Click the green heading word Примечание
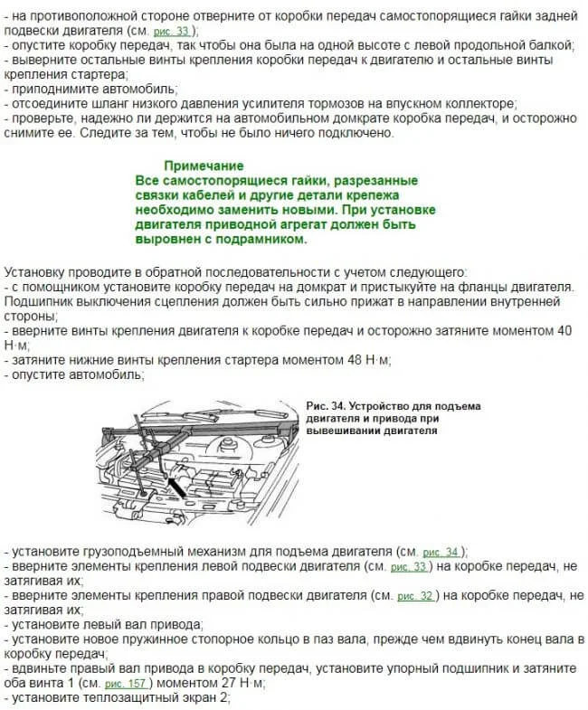pos(204,166)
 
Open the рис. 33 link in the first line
pos(175,31)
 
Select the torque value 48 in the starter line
pos(356,360)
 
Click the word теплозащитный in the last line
pos(130,699)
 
